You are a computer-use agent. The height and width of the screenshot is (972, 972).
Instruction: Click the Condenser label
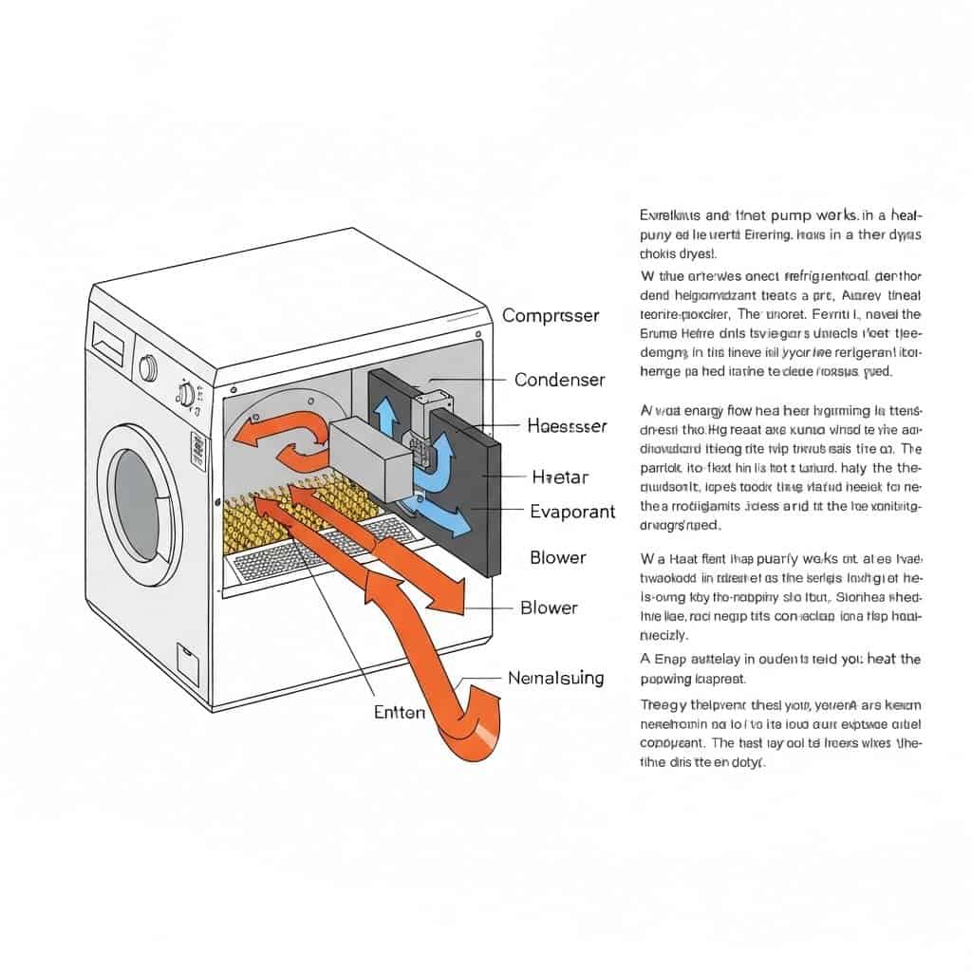(559, 380)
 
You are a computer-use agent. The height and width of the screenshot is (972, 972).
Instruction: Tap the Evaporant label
(572, 512)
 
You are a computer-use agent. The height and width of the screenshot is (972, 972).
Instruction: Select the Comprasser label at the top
(551, 315)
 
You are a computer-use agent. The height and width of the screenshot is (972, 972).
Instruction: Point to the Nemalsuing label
(556, 678)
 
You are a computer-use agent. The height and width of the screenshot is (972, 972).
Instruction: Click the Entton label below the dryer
(400, 711)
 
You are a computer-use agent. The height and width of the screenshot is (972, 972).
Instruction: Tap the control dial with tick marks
(187, 391)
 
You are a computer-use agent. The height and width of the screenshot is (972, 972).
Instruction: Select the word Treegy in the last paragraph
(664, 705)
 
